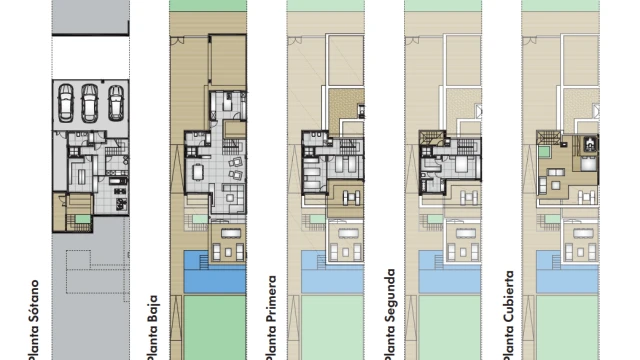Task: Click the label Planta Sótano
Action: coord(34,320)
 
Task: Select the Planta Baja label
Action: coord(152,327)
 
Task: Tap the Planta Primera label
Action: coord(271,318)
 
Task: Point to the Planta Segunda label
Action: coord(390,314)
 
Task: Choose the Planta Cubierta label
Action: coord(508,315)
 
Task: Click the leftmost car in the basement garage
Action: coord(65,103)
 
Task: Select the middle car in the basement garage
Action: coord(89,103)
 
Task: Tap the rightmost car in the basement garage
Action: coord(116,103)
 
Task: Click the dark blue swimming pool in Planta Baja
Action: coord(215,272)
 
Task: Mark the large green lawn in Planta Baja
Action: coord(215,328)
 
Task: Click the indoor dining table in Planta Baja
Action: coord(198,171)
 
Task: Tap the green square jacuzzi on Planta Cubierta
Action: coord(544,152)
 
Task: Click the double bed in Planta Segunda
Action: coord(462,164)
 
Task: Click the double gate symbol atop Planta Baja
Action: coord(177,40)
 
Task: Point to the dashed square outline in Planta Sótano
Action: coord(78,260)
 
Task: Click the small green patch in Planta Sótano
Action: coord(82,219)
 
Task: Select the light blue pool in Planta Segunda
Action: coord(450,272)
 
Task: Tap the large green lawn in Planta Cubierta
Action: coord(567,328)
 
